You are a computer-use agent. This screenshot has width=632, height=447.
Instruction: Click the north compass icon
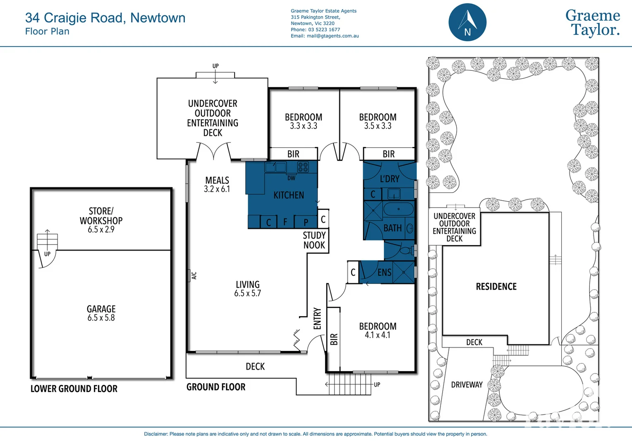[x=467, y=22]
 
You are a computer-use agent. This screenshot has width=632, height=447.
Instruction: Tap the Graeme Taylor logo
[x=592, y=23]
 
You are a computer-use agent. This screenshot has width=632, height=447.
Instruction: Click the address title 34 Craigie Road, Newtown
[x=105, y=18]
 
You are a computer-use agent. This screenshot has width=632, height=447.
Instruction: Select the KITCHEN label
[x=289, y=195]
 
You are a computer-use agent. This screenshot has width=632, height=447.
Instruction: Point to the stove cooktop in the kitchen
[x=303, y=167]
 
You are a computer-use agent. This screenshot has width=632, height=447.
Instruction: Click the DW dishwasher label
[x=291, y=178]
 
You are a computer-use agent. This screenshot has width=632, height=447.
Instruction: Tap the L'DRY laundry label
[x=390, y=179]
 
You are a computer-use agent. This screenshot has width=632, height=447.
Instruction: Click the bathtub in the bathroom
[x=398, y=209]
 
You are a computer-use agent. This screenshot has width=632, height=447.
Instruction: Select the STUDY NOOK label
[x=314, y=240]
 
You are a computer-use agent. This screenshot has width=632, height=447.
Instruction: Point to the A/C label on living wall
[x=194, y=275]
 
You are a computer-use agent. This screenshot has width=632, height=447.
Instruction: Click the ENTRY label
[x=317, y=318]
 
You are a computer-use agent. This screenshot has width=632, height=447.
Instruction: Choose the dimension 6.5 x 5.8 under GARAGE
[x=101, y=318]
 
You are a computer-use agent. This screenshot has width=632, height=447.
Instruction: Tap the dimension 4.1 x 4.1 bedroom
[x=377, y=335]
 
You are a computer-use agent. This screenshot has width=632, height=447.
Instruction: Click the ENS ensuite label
[x=384, y=272]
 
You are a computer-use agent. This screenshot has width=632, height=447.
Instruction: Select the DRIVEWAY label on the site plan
[x=467, y=385]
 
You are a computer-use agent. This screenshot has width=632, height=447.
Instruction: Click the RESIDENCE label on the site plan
[x=496, y=286]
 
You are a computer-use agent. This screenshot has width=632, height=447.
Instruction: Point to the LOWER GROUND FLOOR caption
[x=74, y=389]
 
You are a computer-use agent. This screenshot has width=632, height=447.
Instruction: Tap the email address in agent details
[x=325, y=36]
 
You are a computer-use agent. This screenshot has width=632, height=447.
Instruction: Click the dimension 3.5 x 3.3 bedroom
[x=377, y=126]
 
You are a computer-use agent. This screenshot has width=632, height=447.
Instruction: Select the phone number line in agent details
[x=315, y=30]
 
